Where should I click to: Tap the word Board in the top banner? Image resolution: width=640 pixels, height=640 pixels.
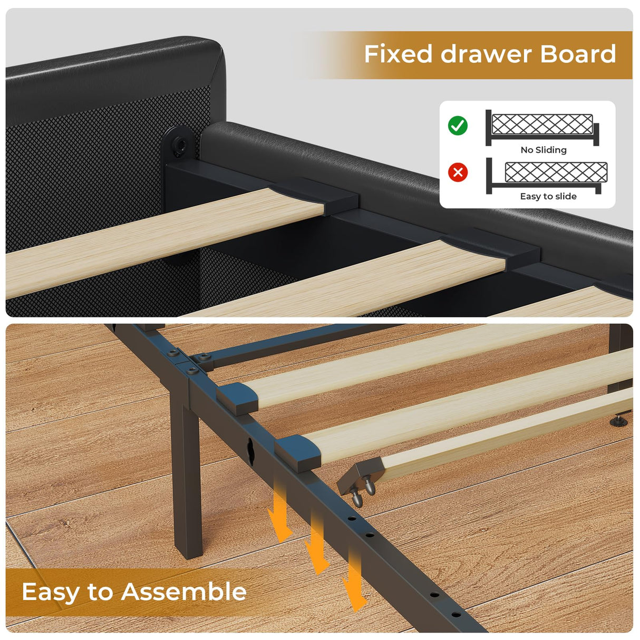[578, 54]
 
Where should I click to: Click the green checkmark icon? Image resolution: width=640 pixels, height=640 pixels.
[458, 125]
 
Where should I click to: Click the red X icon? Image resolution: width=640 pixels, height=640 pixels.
[458, 172]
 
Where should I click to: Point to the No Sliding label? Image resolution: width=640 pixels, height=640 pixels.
[544, 150]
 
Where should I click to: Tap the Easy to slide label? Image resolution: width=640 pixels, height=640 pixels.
[548, 196]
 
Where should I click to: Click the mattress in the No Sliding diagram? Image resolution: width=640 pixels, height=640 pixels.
[542, 124]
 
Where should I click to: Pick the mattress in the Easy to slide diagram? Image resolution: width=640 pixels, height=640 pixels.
[556, 172]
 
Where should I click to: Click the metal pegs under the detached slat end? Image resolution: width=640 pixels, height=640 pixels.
[364, 491]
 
